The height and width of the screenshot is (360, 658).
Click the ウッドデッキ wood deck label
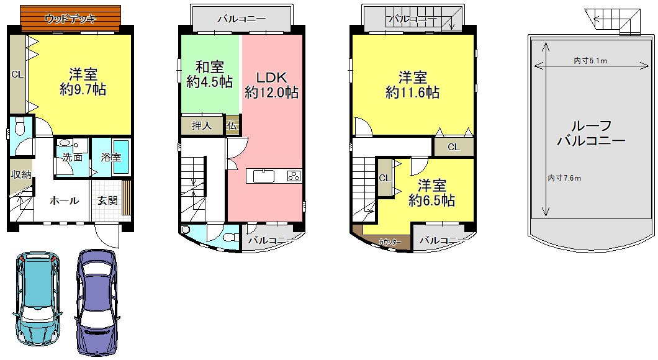pos(71,19)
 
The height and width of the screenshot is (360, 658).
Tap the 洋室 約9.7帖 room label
pos(83,82)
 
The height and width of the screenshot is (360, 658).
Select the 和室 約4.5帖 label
pos(209,74)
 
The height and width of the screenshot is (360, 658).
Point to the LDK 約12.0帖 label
pos(271,85)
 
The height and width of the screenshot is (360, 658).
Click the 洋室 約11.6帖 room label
pos(413,85)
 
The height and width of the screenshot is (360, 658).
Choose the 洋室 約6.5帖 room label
pos(432,192)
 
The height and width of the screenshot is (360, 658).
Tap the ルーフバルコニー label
pos(592,133)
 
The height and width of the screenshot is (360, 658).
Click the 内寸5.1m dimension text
pos(590,61)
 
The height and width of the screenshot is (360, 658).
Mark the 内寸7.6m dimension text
pos(564,178)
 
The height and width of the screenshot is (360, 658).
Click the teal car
pos(38,299)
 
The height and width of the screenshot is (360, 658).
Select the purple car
pos(96,302)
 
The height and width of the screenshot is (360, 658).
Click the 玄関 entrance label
pos(107,200)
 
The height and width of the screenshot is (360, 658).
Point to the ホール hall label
pos(64,200)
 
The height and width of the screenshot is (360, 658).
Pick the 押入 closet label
pos(202,125)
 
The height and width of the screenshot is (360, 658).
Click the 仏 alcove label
pos(232,125)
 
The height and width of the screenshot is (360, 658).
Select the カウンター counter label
pos(390,243)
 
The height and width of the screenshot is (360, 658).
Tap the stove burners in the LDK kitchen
pos(294,176)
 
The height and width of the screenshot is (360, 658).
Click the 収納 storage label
pos(21,174)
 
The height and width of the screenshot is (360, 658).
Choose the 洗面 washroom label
pos(72,157)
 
